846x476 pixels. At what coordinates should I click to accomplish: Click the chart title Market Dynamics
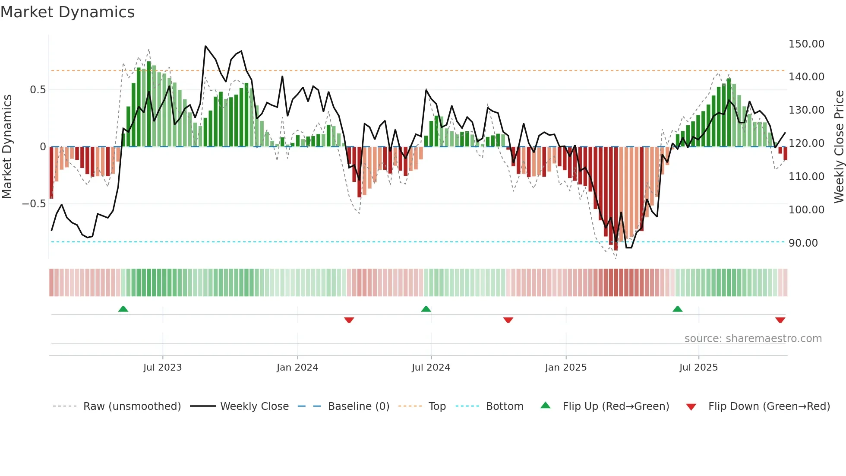point(67,12)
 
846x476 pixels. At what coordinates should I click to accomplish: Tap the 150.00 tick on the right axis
point(806,44)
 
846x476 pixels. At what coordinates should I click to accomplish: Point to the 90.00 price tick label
point(803,243)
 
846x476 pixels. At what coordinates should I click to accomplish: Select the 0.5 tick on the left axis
point(38,90)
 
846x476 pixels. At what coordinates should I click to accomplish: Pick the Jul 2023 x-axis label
point(162,368)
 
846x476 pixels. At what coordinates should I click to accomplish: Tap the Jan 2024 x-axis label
point(297,368)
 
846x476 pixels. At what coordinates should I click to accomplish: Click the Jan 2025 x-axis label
point(565,368)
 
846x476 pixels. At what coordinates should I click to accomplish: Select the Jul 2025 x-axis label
point(698,368)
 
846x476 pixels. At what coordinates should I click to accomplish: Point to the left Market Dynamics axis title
point(7,147)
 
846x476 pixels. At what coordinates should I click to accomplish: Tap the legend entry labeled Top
point(437,406)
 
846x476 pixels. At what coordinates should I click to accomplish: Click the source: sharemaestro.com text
point(753,339)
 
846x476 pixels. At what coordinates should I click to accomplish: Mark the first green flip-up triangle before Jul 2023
point(123,309)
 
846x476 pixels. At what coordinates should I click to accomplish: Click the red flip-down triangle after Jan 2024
point(349,320)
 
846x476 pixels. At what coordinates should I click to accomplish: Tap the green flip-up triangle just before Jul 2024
point(426,309)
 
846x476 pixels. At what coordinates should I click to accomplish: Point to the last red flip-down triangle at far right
point(780,320)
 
